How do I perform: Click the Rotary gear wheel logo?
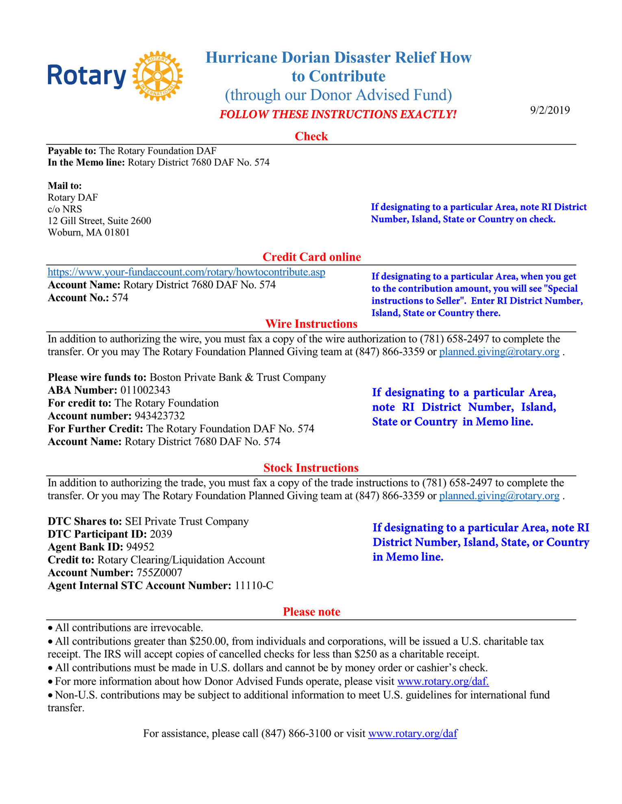tap(158, 76)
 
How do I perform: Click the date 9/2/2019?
tap(550, 110)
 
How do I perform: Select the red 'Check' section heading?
tap(311, 136)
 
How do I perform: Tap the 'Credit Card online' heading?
tap(311, 257)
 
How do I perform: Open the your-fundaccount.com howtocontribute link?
tap(186, 272)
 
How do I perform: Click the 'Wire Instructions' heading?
tap(311, 324)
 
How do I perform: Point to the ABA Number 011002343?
tap(145, 390)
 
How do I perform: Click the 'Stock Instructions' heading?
tap(311, 468)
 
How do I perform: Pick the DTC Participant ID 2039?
tap(161, 534)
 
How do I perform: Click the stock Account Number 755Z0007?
tap(159, 573)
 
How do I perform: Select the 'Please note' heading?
tap(311, 612)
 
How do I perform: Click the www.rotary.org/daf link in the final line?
tap(413, 734)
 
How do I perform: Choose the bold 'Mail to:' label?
tap(65, 186)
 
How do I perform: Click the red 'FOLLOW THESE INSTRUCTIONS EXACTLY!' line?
tap(338, 115)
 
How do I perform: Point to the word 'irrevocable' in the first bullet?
tap(176, 628)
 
